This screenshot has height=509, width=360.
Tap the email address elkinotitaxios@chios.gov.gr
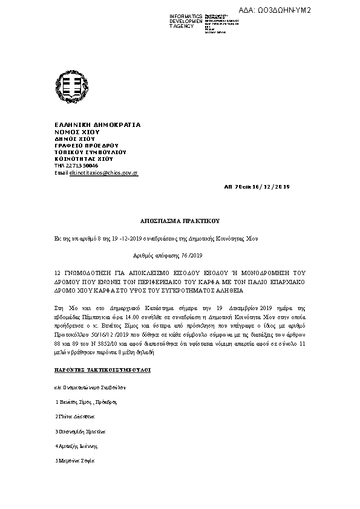pyautogui.click(x=104, y=173)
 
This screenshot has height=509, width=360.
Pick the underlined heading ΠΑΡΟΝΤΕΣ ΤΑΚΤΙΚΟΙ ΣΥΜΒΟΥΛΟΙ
pyautogui.click(x=102, y=368)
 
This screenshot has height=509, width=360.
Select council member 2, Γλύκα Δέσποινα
pyautogui.click(x=75, y=417)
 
